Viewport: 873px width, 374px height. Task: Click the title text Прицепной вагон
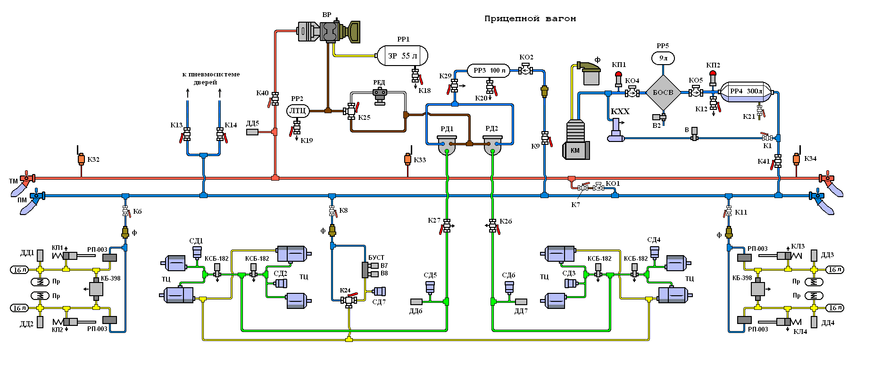coord(530,19)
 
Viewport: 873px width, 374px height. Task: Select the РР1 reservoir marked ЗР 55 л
coord(402,56)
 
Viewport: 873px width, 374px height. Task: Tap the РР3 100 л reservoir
coord(489,71)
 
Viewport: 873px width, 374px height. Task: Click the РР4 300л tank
coord(746,91)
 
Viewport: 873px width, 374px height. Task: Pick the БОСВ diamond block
coord(663,92)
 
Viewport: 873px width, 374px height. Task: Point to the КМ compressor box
coord(575,150)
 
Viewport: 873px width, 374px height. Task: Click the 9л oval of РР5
coord(663,58)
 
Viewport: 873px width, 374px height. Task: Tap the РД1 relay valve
coord(447,145)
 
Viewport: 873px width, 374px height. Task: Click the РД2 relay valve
coord(492,145)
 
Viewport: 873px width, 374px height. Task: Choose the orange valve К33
coord(407,159)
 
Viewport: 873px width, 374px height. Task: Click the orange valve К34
coord(796,159)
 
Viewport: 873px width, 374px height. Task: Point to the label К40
coord(262,93)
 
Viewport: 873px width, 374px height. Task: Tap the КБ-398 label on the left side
coord(111,278)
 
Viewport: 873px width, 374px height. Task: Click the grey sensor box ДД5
coord(253,132)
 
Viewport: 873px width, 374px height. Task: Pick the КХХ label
coord(620,112)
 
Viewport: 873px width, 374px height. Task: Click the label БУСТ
coord(376,258)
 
